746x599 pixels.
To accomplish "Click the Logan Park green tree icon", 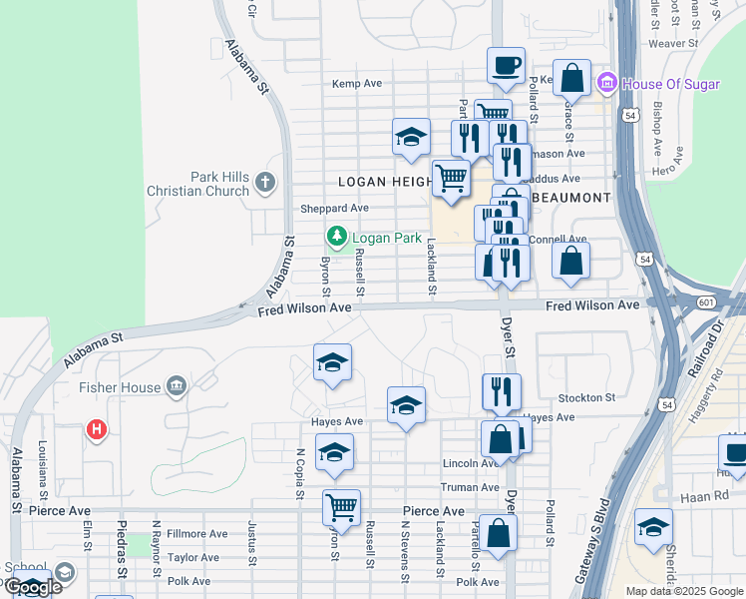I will tap(337, 237).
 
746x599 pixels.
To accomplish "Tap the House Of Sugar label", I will tap(669, 84).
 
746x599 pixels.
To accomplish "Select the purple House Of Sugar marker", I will tap(604, 83).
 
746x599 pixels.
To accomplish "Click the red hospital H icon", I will tap(97, 430).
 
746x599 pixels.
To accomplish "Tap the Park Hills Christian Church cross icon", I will tap(264, 182).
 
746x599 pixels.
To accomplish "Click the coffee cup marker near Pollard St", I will tap(506, 66).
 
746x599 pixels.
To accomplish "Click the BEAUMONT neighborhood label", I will tap(570, 198).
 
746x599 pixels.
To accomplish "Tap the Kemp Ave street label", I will tap(358, 84).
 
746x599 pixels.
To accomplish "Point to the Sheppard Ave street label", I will tap(335, 209).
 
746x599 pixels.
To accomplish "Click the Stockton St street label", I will tap(586, 397).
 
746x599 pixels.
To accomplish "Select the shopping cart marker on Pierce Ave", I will tap(341, 507).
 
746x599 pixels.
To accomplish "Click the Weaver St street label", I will tap(672, 44).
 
